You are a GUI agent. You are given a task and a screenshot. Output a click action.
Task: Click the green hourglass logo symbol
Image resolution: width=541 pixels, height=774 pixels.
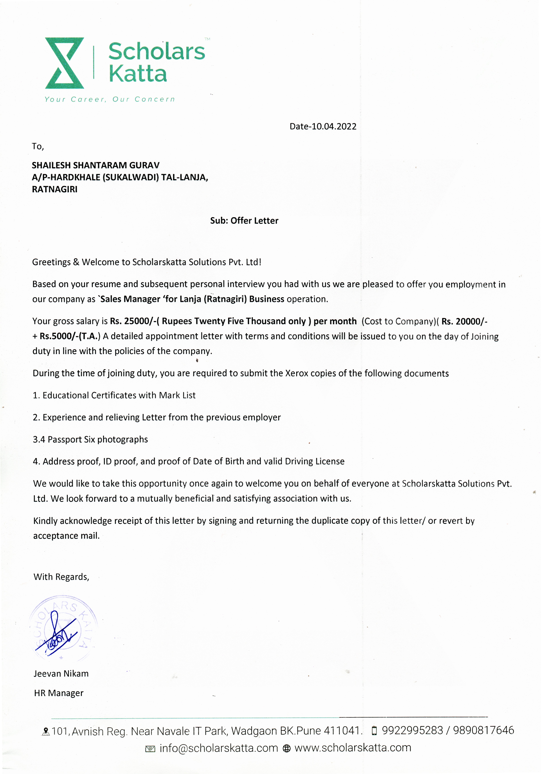64,63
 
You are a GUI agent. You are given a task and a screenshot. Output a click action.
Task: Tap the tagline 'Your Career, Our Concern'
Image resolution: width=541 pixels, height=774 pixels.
110,99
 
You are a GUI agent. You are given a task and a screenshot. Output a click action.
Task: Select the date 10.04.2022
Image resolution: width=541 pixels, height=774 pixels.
334,126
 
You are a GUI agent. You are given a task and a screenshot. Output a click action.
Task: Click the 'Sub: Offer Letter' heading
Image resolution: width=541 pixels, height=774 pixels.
244,220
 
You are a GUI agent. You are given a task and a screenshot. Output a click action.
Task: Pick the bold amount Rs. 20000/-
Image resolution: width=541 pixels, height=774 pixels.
464,321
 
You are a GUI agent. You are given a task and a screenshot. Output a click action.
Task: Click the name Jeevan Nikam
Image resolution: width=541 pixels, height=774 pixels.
61,674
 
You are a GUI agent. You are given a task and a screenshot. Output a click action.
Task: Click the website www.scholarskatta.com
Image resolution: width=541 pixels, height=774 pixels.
353,748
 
